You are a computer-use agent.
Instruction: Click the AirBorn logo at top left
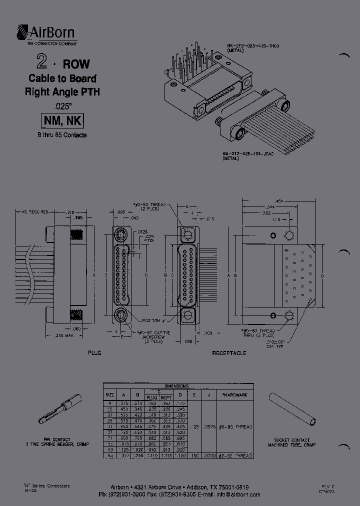point(46,34)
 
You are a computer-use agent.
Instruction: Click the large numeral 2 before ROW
point(42,62)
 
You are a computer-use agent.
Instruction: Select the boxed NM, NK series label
point(61,120)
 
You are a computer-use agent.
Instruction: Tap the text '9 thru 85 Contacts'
point(61,135)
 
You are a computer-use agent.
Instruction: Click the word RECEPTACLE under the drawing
point(228,353)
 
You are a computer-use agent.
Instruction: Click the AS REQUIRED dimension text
point(34,212)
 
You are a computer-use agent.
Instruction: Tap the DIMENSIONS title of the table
point(178,386)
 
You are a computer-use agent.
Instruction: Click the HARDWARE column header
point(234,394)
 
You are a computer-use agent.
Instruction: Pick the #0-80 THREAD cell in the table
point(234,427)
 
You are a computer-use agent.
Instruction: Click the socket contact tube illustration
point(292,409)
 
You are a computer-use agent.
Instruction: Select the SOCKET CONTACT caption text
point(292,439)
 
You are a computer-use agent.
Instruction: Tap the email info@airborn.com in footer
point(238,494)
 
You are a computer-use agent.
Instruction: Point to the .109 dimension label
point(208,332)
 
